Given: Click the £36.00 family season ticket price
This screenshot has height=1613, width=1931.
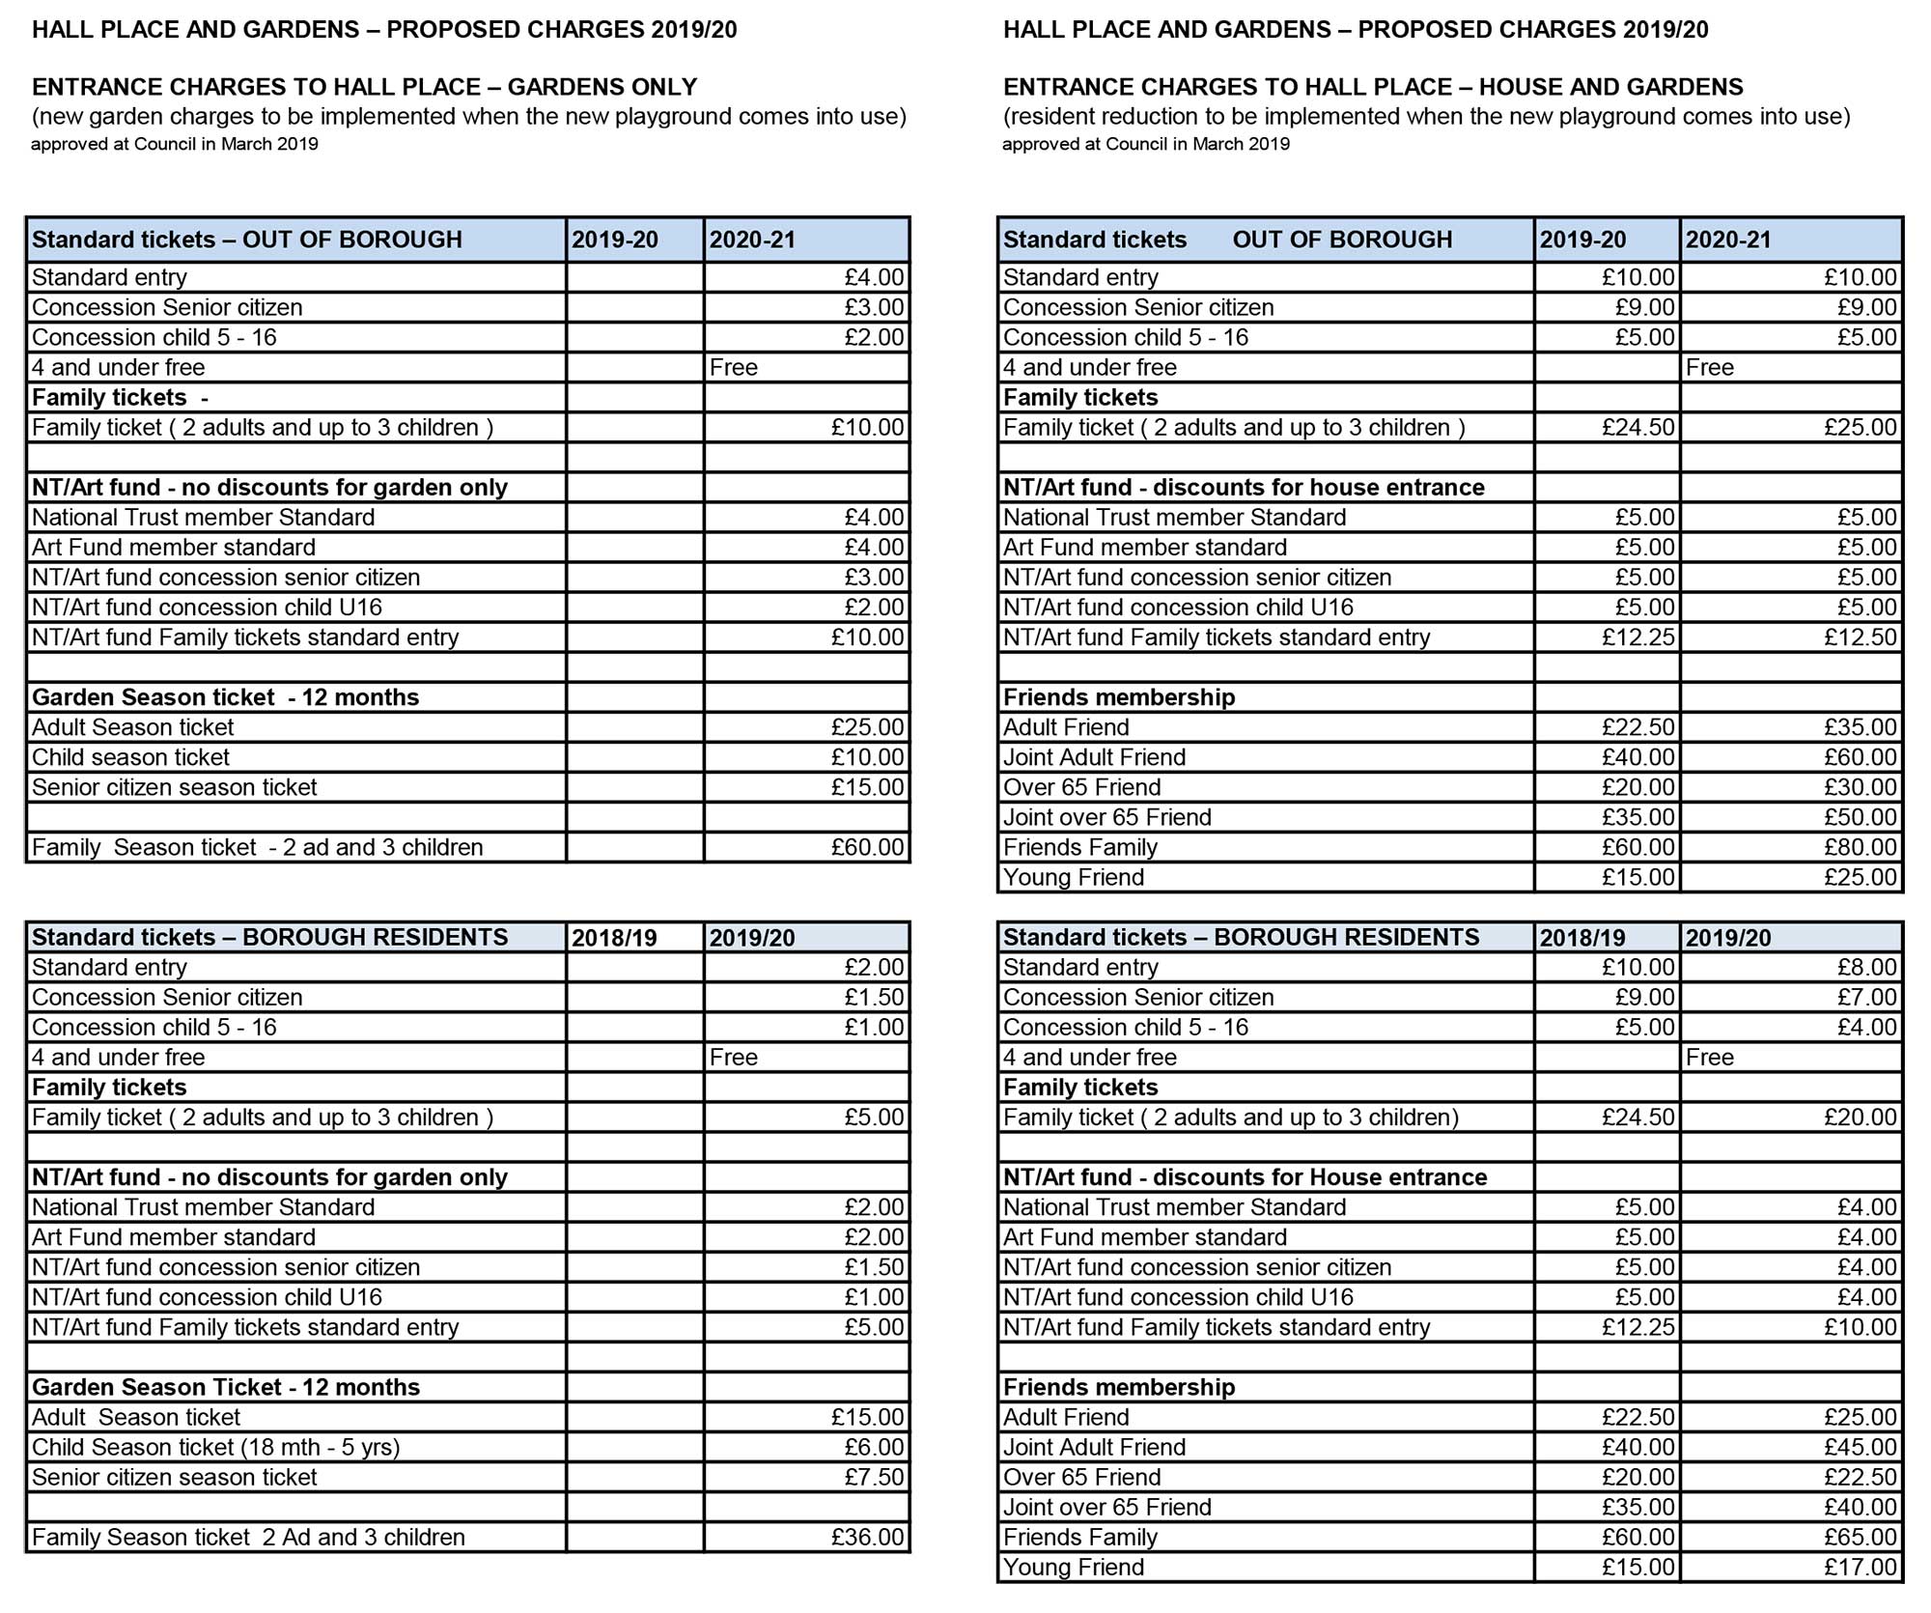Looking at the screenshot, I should pos(867,1537).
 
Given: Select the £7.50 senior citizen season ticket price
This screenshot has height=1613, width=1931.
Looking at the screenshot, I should pos(874,1477).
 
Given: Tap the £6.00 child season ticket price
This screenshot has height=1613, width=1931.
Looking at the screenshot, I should pos(874,1447).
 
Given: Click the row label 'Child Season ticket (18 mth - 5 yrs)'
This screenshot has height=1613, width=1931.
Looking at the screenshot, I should pos(215,1447).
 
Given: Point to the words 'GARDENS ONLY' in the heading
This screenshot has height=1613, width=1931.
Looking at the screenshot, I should pos(602,87).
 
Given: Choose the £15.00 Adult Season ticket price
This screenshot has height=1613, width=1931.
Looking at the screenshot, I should pos(867,1417).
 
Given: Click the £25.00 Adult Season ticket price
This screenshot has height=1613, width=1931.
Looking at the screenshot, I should pos(867,727).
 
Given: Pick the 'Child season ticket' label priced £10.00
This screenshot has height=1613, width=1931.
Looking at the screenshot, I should pos(130,757).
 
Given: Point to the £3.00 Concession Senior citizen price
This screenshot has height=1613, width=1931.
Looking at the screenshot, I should pos(874,307).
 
